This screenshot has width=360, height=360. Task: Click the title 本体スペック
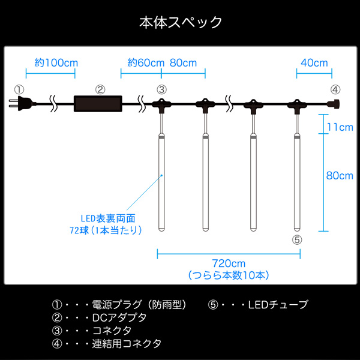point(180,23)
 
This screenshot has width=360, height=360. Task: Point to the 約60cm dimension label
point(146,62)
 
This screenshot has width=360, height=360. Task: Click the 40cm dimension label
point(314,62)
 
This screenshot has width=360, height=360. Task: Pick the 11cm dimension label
point(340,127)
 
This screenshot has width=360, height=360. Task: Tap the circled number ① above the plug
point(19,89)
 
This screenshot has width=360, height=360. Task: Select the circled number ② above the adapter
point(100,89)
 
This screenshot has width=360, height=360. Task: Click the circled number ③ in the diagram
point(161,89)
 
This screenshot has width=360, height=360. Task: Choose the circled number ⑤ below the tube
point(297,239)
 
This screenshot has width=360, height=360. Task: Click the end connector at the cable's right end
point(335,104)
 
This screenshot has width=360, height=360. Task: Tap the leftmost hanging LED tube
point(162,183)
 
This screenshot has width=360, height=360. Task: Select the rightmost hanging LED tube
point(297,183)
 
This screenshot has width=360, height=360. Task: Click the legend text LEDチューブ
point(278,304)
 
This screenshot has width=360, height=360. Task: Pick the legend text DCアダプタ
point(116,317)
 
